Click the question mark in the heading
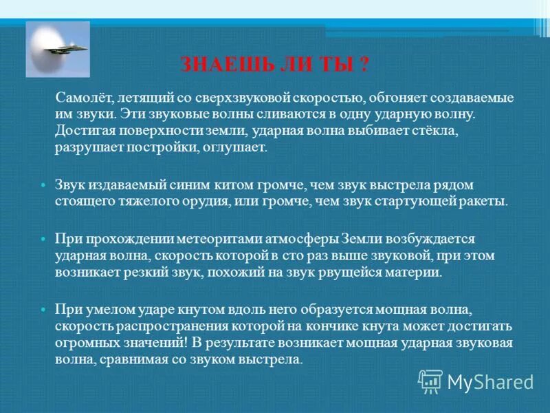(364, 66)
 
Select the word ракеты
(486, 202)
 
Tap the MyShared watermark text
(490, 381)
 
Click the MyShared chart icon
(430, 381)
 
